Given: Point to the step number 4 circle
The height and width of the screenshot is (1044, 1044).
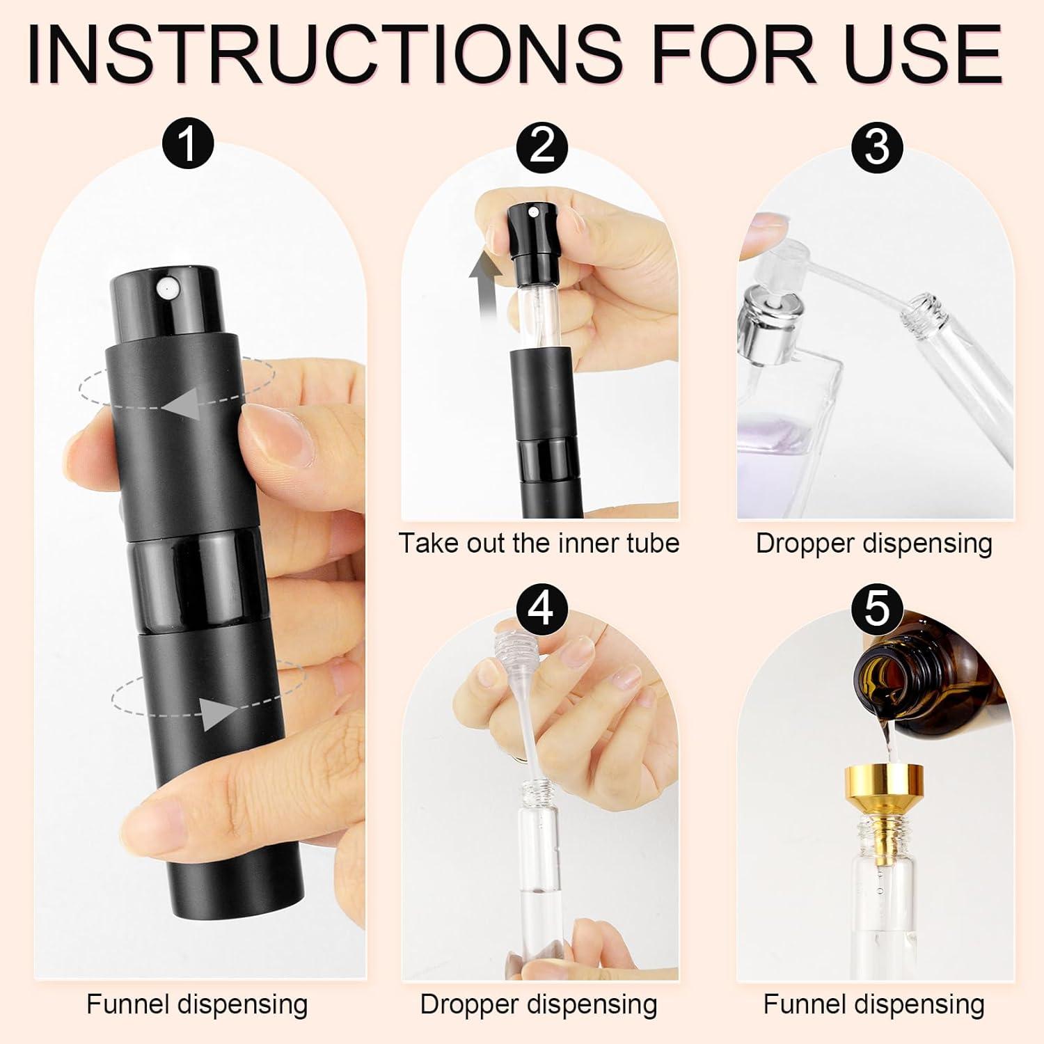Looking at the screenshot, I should click(x=542, y=607).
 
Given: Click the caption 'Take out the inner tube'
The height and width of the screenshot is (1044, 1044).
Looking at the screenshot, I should click(x=539, y=544).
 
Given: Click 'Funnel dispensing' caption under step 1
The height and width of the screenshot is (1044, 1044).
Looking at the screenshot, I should click(x=197, y=1004).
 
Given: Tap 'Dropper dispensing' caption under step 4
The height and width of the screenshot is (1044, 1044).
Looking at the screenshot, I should click(x=539, y=1004).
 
